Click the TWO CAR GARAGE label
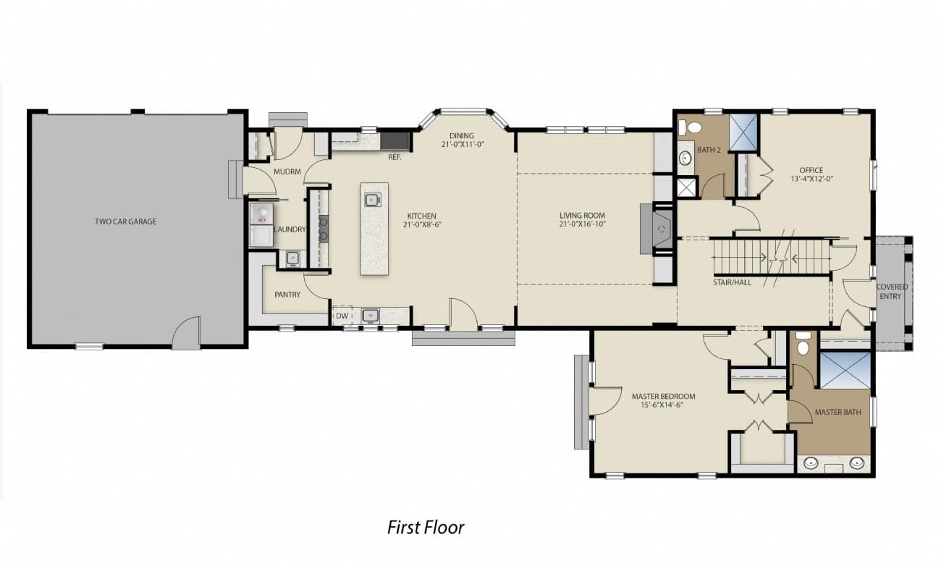(126, 222)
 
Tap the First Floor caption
(426, 528)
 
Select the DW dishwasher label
(342, 316)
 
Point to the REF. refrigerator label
(394, 158)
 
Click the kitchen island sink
(373, 200)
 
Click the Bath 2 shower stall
(743, 132)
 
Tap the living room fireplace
(657, 229)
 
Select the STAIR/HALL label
(732, 282)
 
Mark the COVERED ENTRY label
(892, 291)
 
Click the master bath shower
(845, 370)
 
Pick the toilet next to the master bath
(803, 344)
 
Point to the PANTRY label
(287, 295)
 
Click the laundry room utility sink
(293, 258)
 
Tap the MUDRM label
(287, 172)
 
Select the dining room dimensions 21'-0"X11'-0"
(463, 144)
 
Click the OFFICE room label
(811, 170)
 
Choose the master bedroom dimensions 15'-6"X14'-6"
(662, 405)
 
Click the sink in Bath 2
(685, 158)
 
